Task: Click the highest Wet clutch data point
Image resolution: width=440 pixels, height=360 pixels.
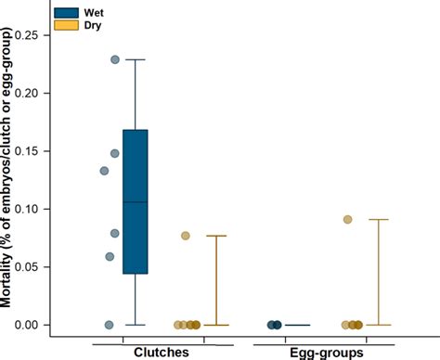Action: coord(115,59)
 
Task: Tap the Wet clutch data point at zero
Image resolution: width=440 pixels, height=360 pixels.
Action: coord(109,325)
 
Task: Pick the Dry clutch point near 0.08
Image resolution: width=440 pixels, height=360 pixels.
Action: coord(185,236)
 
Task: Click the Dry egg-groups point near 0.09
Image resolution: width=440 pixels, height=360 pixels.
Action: coord(347,220)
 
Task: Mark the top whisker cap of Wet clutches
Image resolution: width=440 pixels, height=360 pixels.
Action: coord(136,59)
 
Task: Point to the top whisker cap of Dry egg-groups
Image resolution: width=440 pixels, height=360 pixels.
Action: coord(379,220)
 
